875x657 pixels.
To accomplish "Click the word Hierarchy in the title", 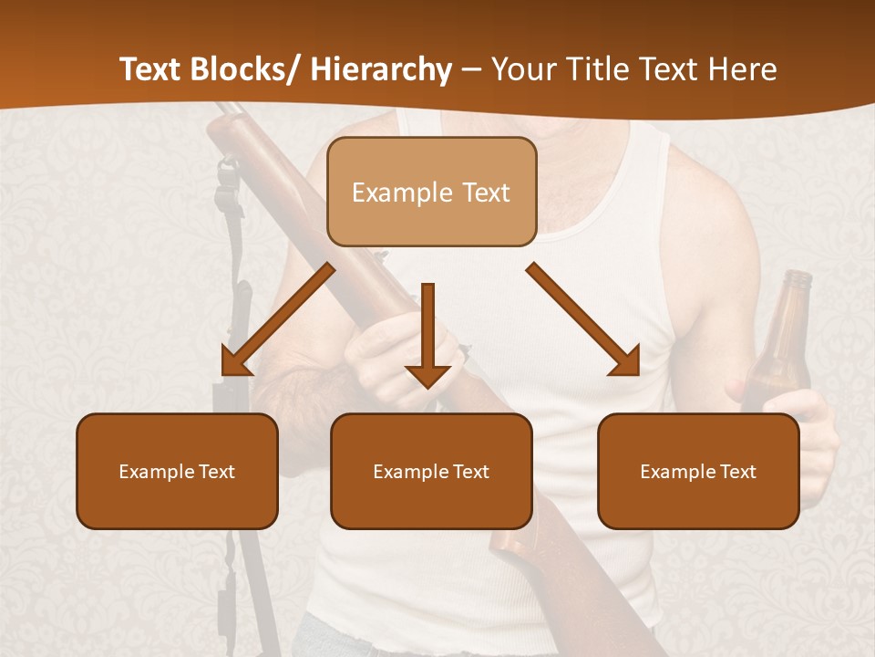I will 381,70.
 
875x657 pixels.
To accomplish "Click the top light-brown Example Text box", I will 431,192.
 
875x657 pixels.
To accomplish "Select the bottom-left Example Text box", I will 177,471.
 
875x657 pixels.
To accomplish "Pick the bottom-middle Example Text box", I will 431,471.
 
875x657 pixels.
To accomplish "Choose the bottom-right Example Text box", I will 698,471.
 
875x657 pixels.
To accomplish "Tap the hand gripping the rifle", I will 401,351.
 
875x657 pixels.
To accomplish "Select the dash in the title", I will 471,70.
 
